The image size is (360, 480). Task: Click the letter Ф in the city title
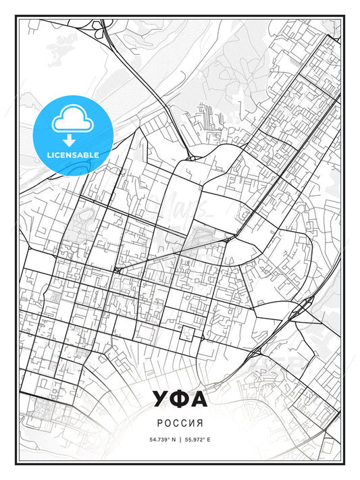pos(180,400)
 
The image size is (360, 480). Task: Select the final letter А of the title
pos(199,400)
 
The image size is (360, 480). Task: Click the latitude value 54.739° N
pos(161,439)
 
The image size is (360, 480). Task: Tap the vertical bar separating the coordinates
pos(180,439)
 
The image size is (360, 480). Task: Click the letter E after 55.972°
pos(209,439)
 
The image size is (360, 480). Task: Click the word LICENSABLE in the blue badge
pos(73,155)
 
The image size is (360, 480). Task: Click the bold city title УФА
pos(180,400)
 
